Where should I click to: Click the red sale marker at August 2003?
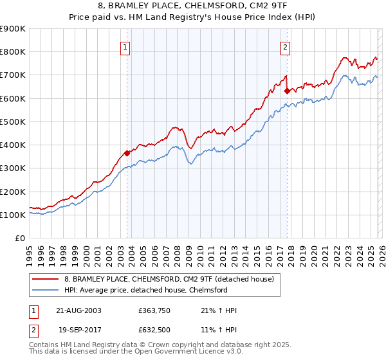(x=127, y=153)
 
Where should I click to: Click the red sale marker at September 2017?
(x=287, y=91)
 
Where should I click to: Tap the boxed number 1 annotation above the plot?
(x=125, y=46)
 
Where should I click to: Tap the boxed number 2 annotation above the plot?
(x=284, y=46)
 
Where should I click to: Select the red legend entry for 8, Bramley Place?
(x=169, y=279)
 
